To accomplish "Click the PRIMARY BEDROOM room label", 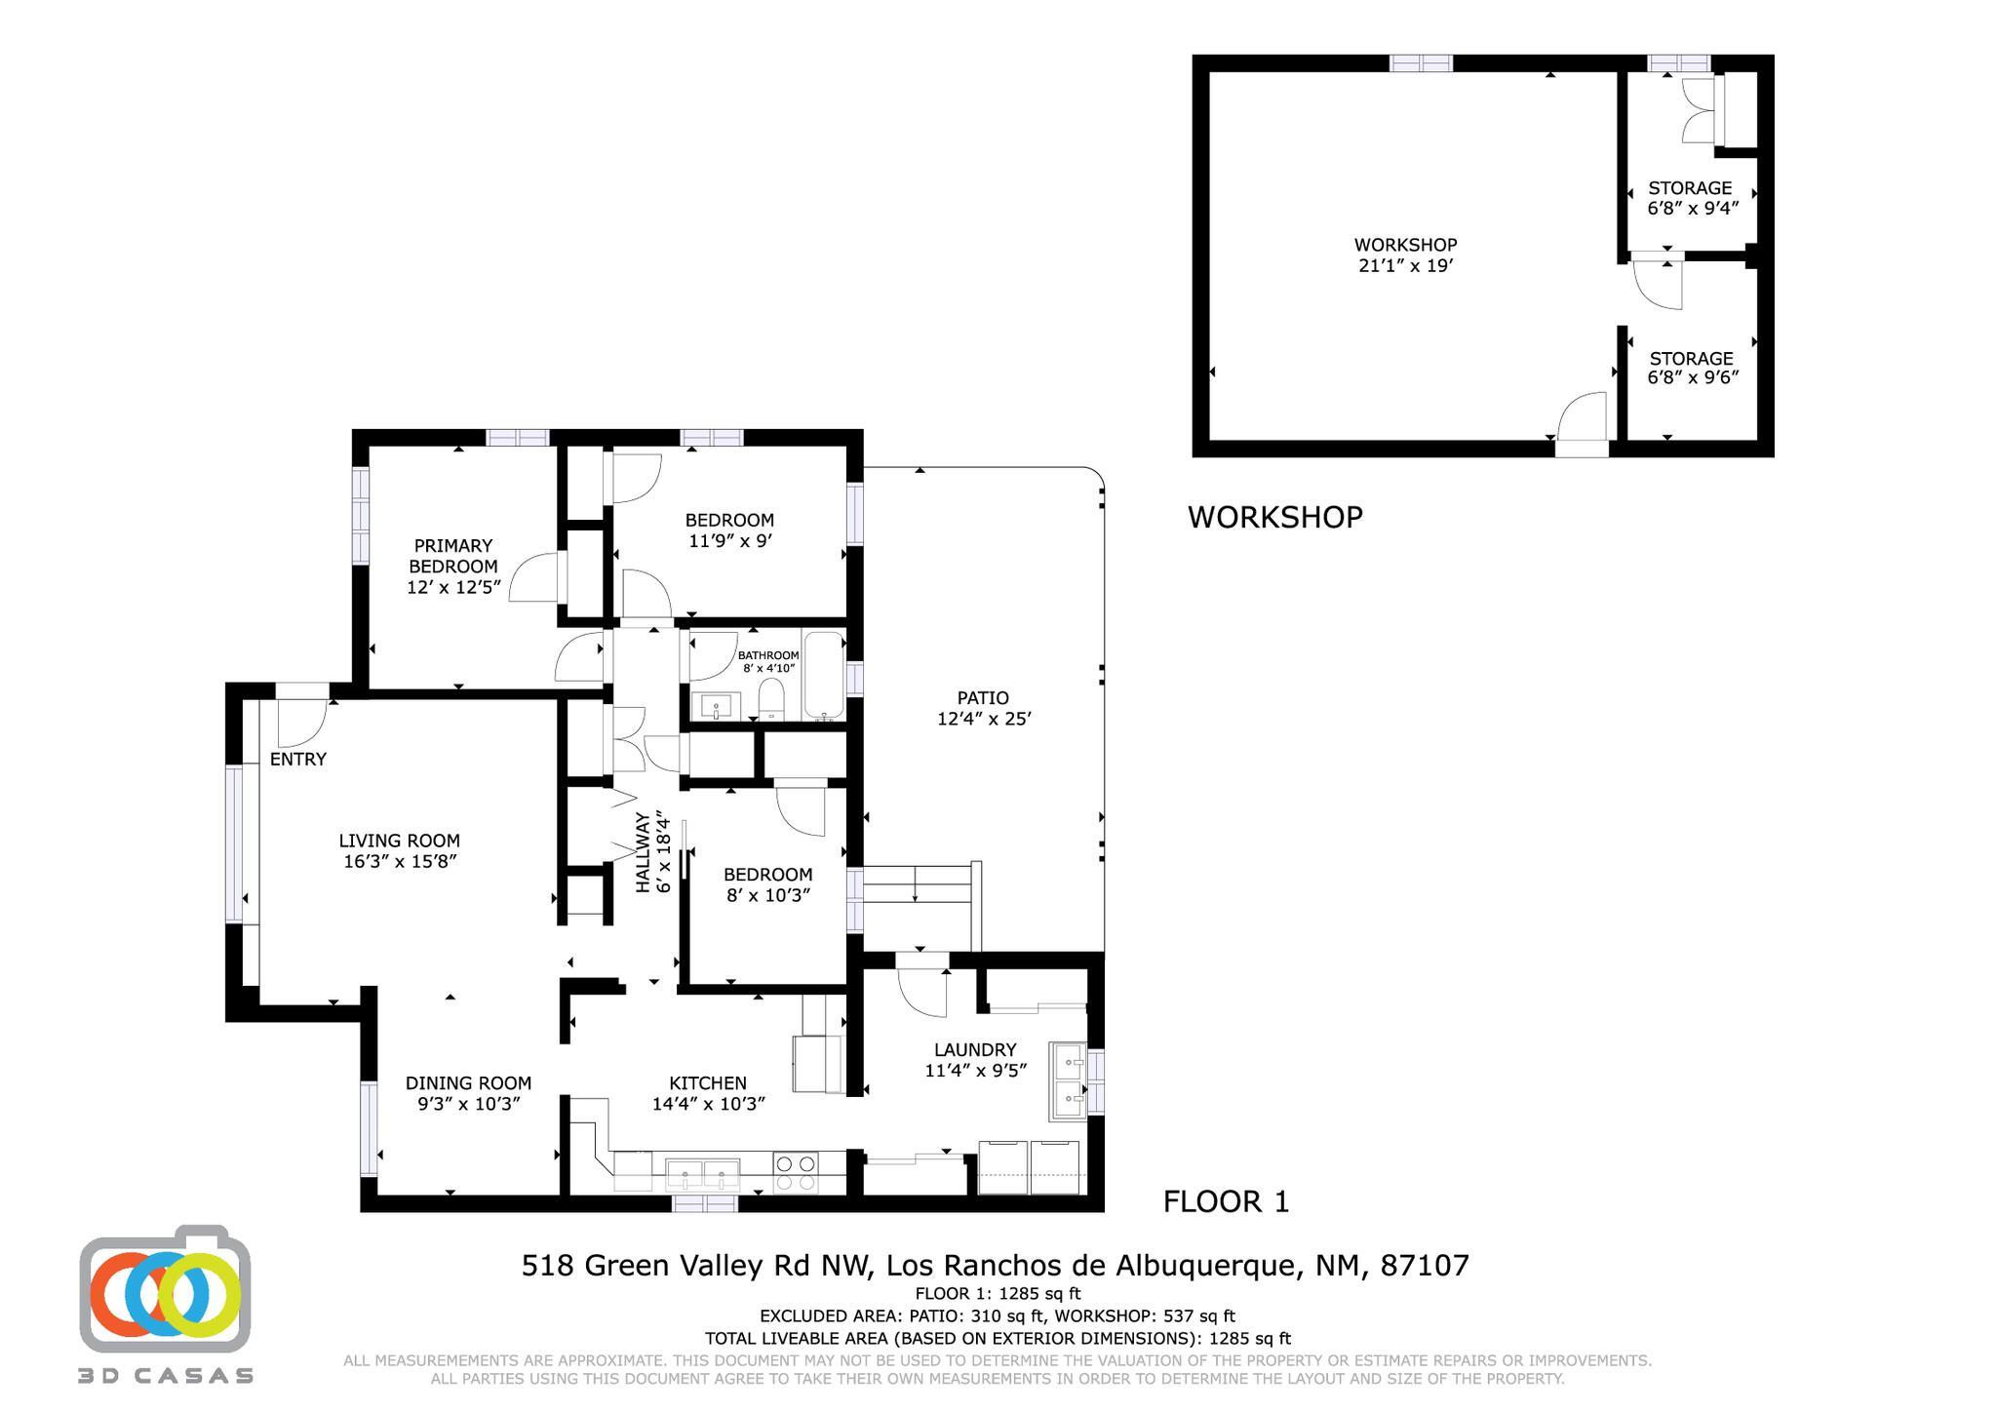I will [x=452, y=556].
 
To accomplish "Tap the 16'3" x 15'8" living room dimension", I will [x=400, y=861].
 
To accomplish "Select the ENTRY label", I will [x=297, y=759].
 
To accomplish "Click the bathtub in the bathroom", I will [x=824, y=675].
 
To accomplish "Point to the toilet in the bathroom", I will [x=771, y=699].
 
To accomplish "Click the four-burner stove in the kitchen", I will [x=795, y=1172].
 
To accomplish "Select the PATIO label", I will [x=982, y=698].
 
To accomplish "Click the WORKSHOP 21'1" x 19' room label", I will [x=1405, y=255].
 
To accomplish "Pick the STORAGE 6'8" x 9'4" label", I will [x=1691, y=198].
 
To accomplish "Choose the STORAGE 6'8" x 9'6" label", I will [x=1691, y=368].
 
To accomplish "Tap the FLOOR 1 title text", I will [x=1226, y=1201].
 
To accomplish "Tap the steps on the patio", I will [x=917, y=892].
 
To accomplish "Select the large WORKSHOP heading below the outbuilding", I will [x=1274, y=517].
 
